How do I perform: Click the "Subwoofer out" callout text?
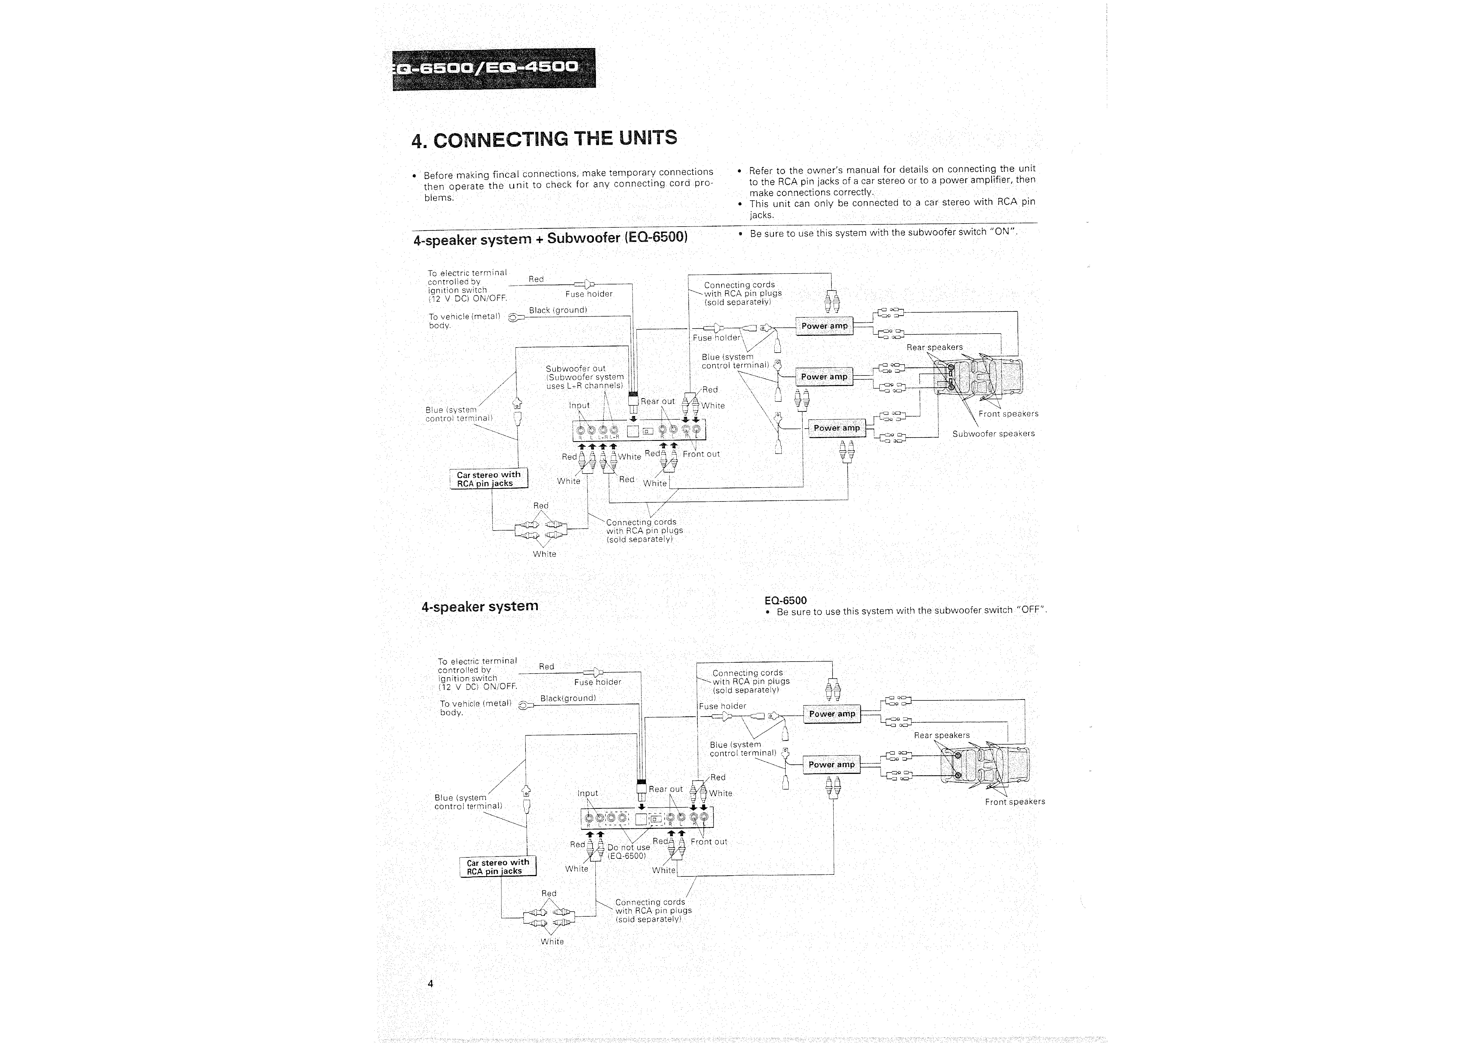pos(575,369)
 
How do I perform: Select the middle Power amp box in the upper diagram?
pos(824,377)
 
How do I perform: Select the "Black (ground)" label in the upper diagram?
pos(558,310)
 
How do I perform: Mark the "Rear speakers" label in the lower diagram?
pos(942,735)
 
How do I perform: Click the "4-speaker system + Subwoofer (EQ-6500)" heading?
pos(550,239)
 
